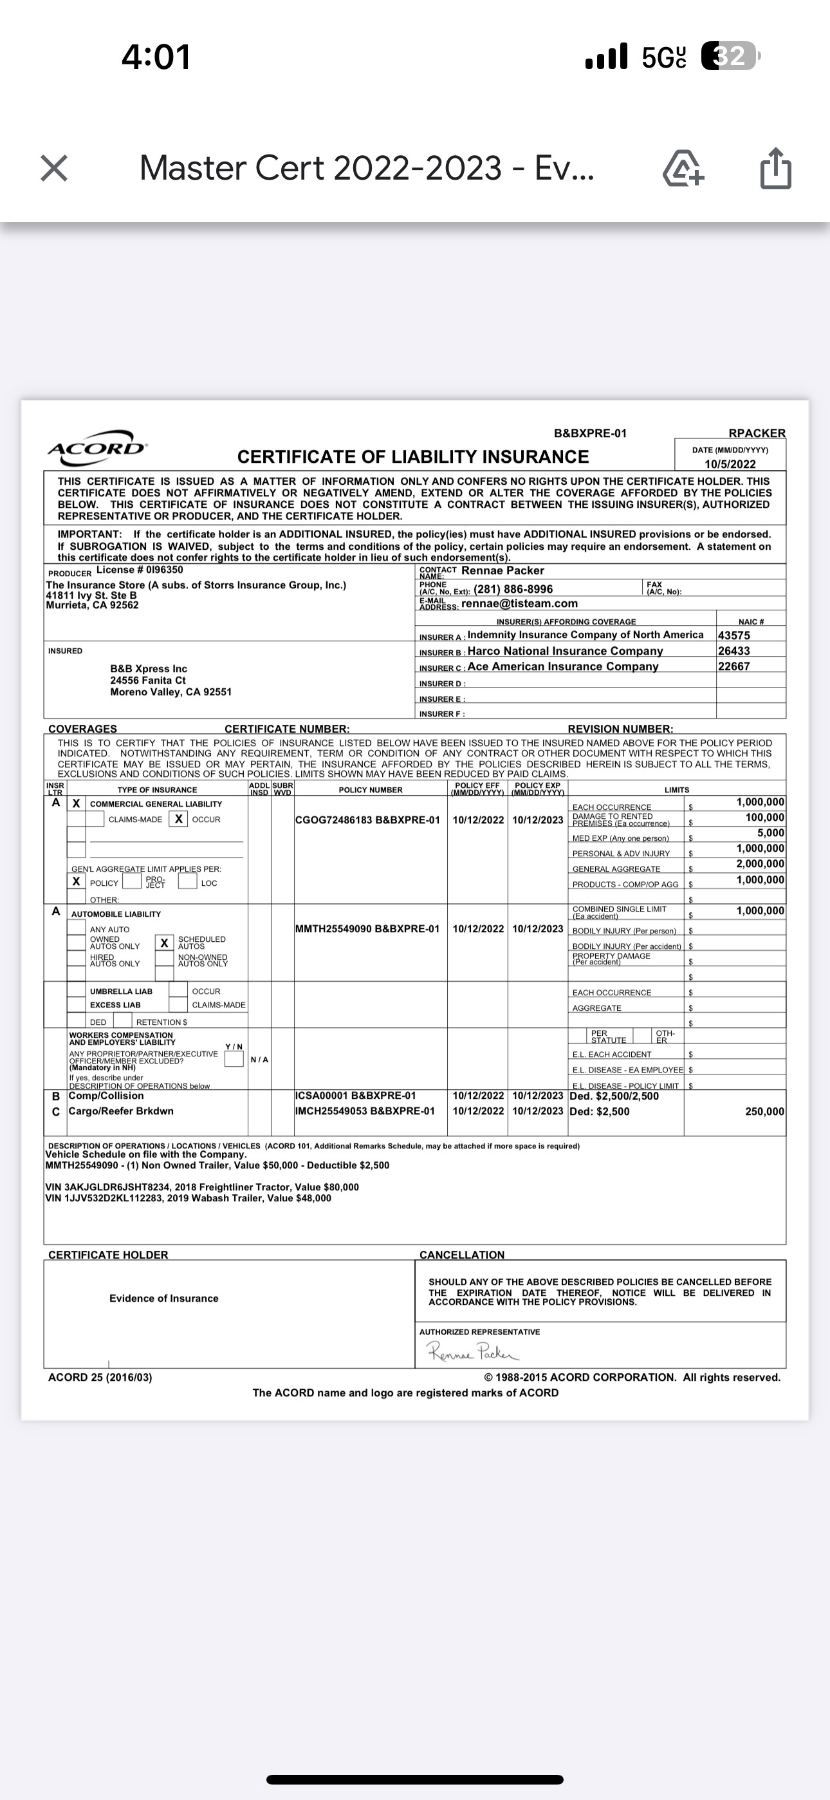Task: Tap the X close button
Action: (x=54, y=169)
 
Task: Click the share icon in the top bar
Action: (x=775, y=169)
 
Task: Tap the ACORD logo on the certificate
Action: (x=97, y=444)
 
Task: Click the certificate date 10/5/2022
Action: (x=730, y=464)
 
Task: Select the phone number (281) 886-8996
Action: (x=513, y=589)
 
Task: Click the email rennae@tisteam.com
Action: (x=519, y=604)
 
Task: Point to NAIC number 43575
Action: (x=733, y=635)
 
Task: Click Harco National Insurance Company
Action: (x=564, y=652)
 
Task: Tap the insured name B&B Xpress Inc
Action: (x=148, y=669)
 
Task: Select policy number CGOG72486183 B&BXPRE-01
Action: (x=367, y=820)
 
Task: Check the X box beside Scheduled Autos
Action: (x=164, y=943)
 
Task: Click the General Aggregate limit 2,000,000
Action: (x=759, y=865)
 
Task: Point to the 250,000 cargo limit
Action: (x=764, y=1112)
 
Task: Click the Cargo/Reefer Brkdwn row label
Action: (x=121, y=1111)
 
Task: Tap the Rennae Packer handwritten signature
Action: (x=474, y=1352)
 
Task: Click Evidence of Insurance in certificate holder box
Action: (x=163, y=1298)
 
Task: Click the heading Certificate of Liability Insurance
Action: (x=413, y=457)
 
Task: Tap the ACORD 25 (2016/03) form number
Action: (x=100, y=1377)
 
